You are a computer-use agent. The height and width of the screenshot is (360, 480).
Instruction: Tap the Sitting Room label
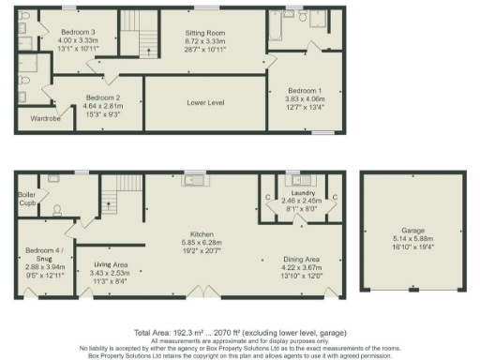pos(205,32)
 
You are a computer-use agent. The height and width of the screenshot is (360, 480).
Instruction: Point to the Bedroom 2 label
pos(103,97)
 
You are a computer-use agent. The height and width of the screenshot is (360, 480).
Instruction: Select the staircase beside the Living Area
pos(113,198)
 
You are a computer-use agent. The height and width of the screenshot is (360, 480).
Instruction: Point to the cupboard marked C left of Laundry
pos(268,196)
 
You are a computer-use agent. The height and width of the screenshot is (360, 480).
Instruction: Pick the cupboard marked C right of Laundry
pos(335,196)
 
